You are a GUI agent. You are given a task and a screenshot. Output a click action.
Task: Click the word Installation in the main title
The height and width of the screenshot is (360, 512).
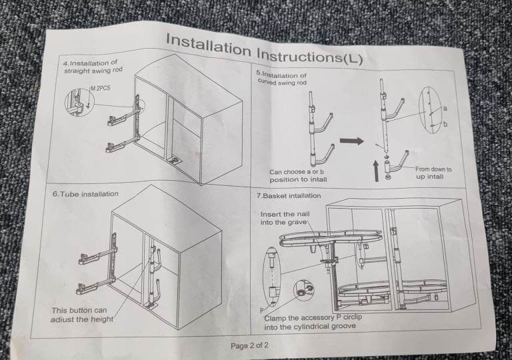click(x=209, y=45)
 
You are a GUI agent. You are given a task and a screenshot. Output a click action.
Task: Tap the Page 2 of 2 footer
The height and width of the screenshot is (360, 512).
click(x=250, y=345)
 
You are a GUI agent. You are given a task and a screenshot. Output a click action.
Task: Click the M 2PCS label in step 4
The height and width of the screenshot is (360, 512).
click(x=101, y=88)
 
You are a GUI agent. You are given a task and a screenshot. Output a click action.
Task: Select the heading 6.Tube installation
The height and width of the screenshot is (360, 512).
click(x=85, y=194)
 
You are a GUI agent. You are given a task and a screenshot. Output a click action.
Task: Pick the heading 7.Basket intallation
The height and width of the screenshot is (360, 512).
click(x=289, y=196)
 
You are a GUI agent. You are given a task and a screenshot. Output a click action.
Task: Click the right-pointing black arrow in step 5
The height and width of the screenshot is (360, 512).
click(x=352, y=141)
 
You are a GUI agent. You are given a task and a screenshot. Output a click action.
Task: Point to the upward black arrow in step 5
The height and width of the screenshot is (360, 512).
click(x=376, y=170)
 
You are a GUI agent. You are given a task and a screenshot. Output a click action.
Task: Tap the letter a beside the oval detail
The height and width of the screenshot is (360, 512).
click(x=445, y=108)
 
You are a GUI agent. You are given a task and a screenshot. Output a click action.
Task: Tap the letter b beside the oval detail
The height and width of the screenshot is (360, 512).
click(x=445, y=124)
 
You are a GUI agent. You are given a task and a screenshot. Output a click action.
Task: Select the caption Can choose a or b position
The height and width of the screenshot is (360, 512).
click(x=298, y=175)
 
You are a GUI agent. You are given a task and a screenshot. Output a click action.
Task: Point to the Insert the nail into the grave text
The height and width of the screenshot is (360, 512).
click(x=285, y=218)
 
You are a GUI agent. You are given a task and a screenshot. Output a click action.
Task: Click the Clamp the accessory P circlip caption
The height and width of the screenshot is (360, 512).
click(x=313, y=322)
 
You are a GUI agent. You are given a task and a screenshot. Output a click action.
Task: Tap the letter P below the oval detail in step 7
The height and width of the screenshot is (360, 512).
click(x=261, y=310)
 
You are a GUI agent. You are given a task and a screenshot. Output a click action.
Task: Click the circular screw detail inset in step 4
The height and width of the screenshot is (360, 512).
click(x=78, y=101)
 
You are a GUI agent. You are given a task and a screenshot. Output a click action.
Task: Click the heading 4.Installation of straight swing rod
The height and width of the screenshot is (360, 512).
click(x=93, y=67)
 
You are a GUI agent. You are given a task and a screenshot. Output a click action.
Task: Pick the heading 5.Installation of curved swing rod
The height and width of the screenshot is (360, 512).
click(x=282, y=79)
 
